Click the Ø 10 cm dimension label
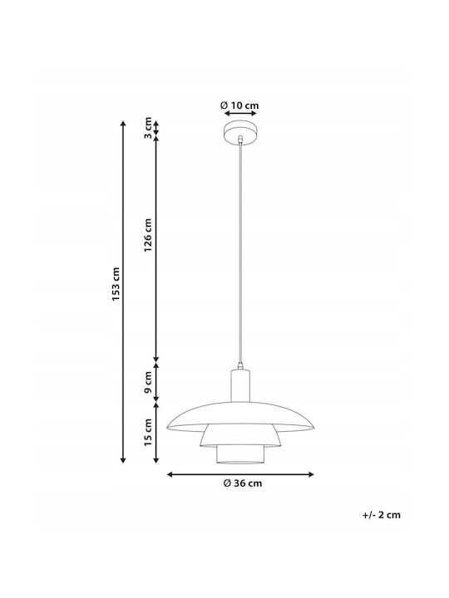tap(239, 105)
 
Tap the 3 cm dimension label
tap(148, 128)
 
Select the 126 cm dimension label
tap(148, 235)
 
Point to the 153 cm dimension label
tap(116, 284)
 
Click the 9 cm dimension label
tap(148, 383)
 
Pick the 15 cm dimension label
tap(148, 432)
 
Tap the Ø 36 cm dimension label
tap(243, 483)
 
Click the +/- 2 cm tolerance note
tap(382, 515)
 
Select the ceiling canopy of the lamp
tap(240, 132)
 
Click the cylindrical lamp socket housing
tap(240, 385)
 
